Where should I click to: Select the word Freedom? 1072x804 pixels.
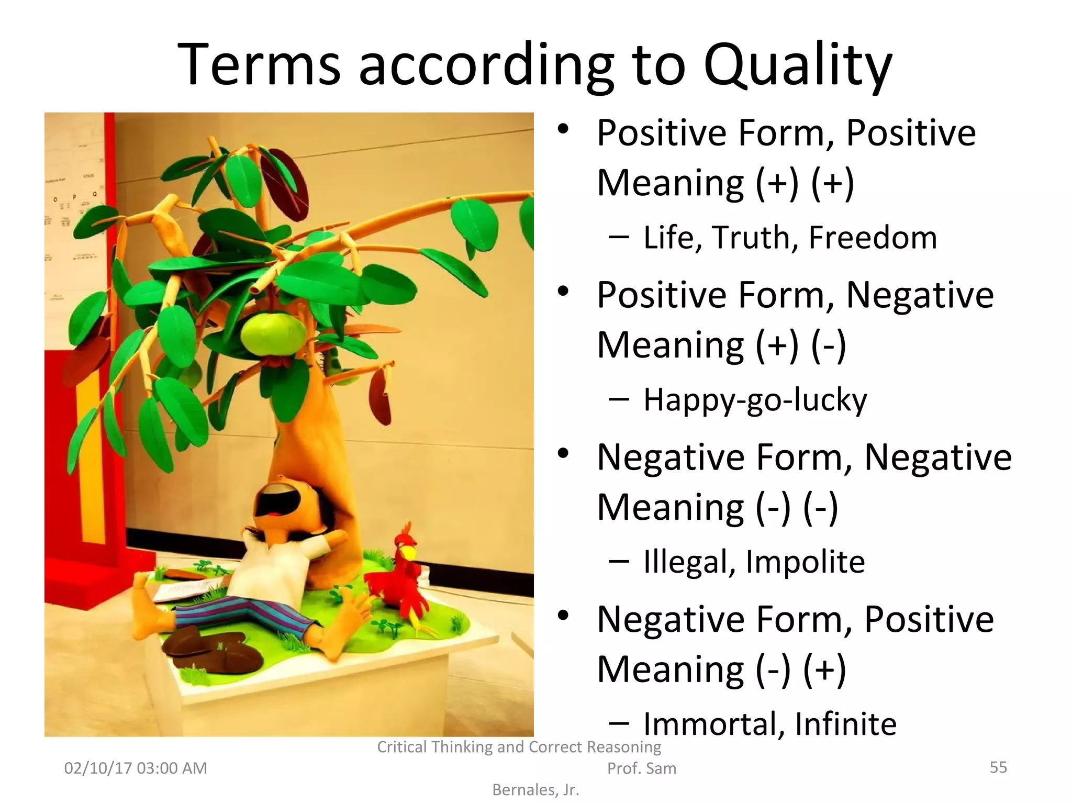(873, 238)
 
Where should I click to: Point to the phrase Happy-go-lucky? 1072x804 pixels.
(755, 401)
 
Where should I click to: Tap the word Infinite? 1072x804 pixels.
(845, 724)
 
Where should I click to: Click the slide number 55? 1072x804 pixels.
(998, 767)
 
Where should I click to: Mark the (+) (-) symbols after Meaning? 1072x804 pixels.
(800, 345)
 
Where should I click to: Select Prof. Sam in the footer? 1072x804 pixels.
(641, 768)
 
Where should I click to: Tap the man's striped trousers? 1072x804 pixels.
(246, 615)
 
